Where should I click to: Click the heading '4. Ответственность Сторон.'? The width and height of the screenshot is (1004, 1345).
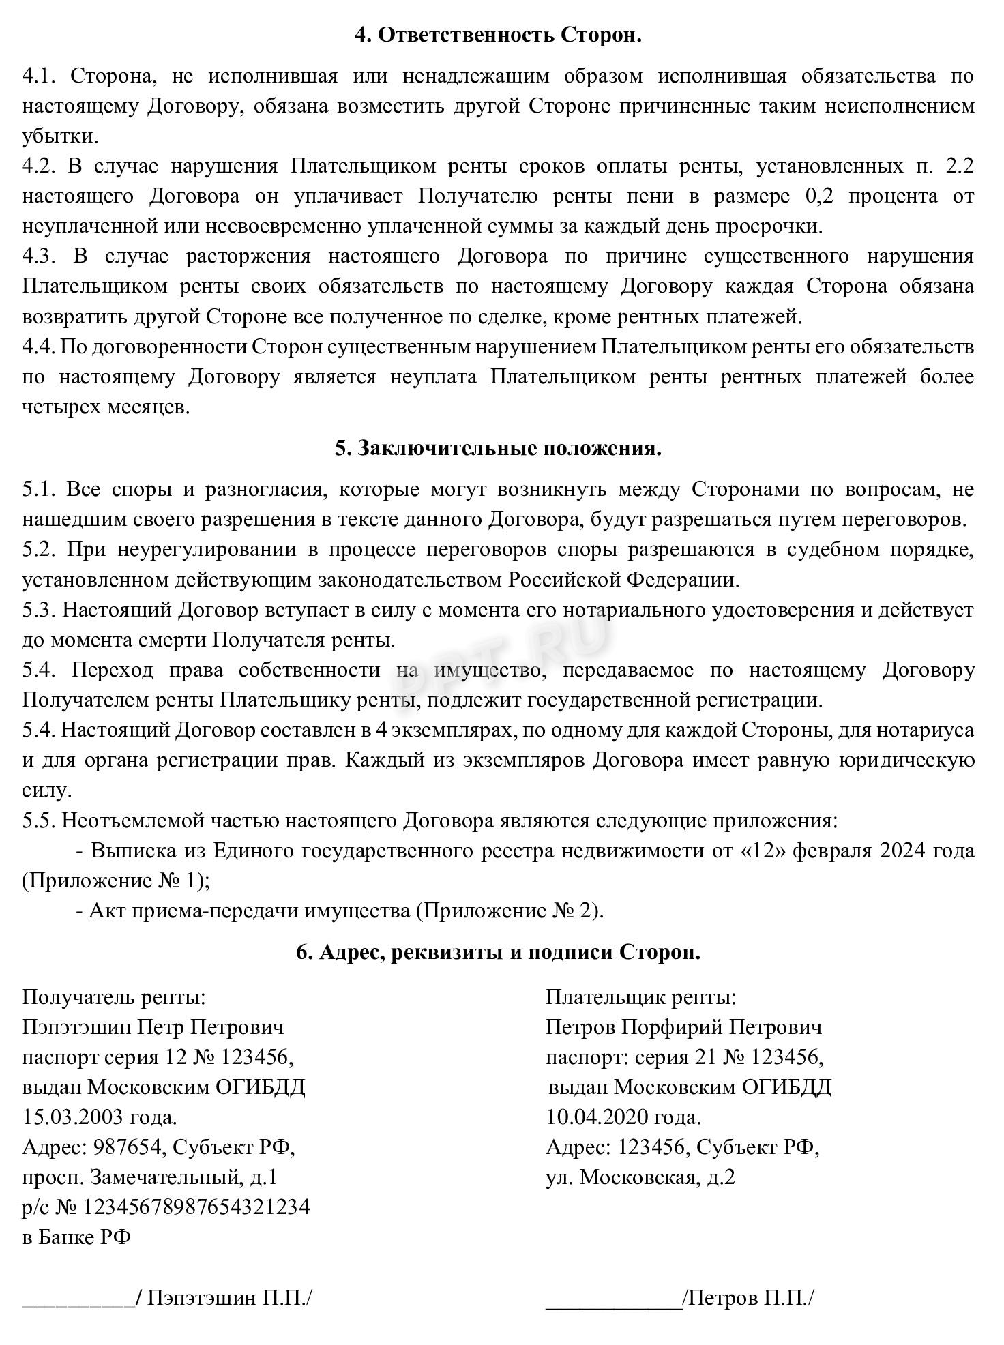tap(498, 35)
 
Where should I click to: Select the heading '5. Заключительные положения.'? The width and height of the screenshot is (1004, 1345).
tap(498, 448)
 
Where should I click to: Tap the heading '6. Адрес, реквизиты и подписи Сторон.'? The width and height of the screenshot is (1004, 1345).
tap(498, 952)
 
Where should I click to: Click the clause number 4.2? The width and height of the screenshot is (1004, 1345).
tap(40, 166)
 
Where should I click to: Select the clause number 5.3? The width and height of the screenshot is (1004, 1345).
tap(40, 610)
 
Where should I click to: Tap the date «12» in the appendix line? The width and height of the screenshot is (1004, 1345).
tap(761, 851)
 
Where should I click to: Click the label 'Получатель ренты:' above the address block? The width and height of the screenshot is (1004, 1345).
tap(114, 998)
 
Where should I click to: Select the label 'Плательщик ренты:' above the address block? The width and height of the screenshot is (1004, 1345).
tap(641, 998)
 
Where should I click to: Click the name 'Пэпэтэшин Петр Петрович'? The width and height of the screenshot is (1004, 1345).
tap(153, 1027)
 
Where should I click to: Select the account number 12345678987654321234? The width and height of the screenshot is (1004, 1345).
tap(196, 1207)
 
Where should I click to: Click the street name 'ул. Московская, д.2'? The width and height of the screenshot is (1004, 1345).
tap(640, 1177)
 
